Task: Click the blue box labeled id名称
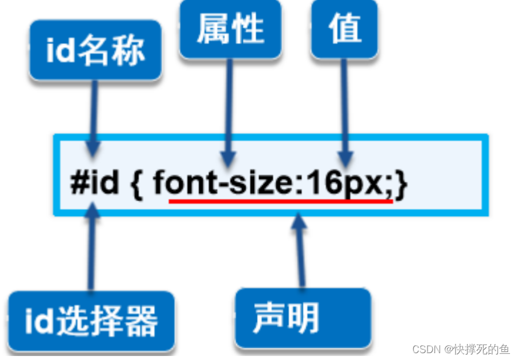[95, 50]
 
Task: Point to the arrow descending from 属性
[230, 109]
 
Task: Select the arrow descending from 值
[344, 109]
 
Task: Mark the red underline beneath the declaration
[280, 201]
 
